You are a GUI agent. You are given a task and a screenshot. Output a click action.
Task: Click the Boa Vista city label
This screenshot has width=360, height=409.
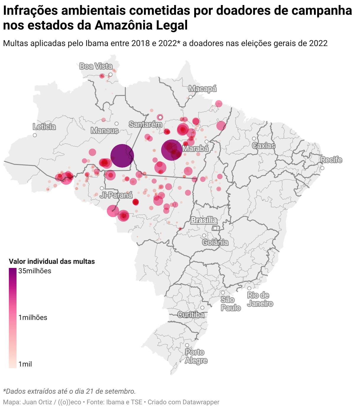[x=96, y=66]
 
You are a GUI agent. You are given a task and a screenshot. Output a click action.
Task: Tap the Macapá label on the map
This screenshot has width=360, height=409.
[x=203, y=89]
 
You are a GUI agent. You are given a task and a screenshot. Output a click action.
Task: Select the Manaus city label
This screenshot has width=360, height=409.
[x=104, y=130]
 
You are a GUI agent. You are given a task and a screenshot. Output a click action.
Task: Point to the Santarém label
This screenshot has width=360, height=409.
[x=145, y=125]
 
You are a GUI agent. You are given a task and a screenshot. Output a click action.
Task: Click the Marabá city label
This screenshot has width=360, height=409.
[x=196, y=148]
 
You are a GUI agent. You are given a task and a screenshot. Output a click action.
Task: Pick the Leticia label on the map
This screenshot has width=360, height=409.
[x=44, y=127]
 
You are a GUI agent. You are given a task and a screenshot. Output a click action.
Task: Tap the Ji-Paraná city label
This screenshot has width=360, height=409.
[x=116, y=195]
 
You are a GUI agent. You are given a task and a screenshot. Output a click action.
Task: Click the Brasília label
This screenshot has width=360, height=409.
[x=204, y=220]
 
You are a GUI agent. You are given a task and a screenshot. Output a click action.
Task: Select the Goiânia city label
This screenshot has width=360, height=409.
[x=215, y=243]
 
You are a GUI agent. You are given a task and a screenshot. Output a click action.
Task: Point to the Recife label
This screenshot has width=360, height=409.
[x=331, y=160]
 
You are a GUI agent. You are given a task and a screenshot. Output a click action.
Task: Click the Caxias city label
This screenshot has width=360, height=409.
[x=264, y=145]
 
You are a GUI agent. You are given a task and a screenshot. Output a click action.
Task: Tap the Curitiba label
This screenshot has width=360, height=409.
[x=191, y=315]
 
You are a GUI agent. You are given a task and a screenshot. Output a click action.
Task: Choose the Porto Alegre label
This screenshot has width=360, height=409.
[x=196, y=356]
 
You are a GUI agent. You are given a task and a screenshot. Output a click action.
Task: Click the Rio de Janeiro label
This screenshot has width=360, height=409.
[x=260, y=300]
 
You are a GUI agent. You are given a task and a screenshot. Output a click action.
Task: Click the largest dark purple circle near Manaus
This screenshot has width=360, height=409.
[x=122, y=156]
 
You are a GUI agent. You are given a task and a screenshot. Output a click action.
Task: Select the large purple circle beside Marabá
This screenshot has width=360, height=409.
[x=171, y=150]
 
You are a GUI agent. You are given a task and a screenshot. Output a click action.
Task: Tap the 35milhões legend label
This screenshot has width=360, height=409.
[x=35, y=271]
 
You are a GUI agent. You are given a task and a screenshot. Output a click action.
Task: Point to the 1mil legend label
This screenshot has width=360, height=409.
[x=25, y=364]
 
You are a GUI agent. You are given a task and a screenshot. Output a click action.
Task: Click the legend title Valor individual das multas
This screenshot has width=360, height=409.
[x=52, y=261]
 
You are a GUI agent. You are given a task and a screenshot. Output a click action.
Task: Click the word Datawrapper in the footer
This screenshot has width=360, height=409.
[x=201, y=402]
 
